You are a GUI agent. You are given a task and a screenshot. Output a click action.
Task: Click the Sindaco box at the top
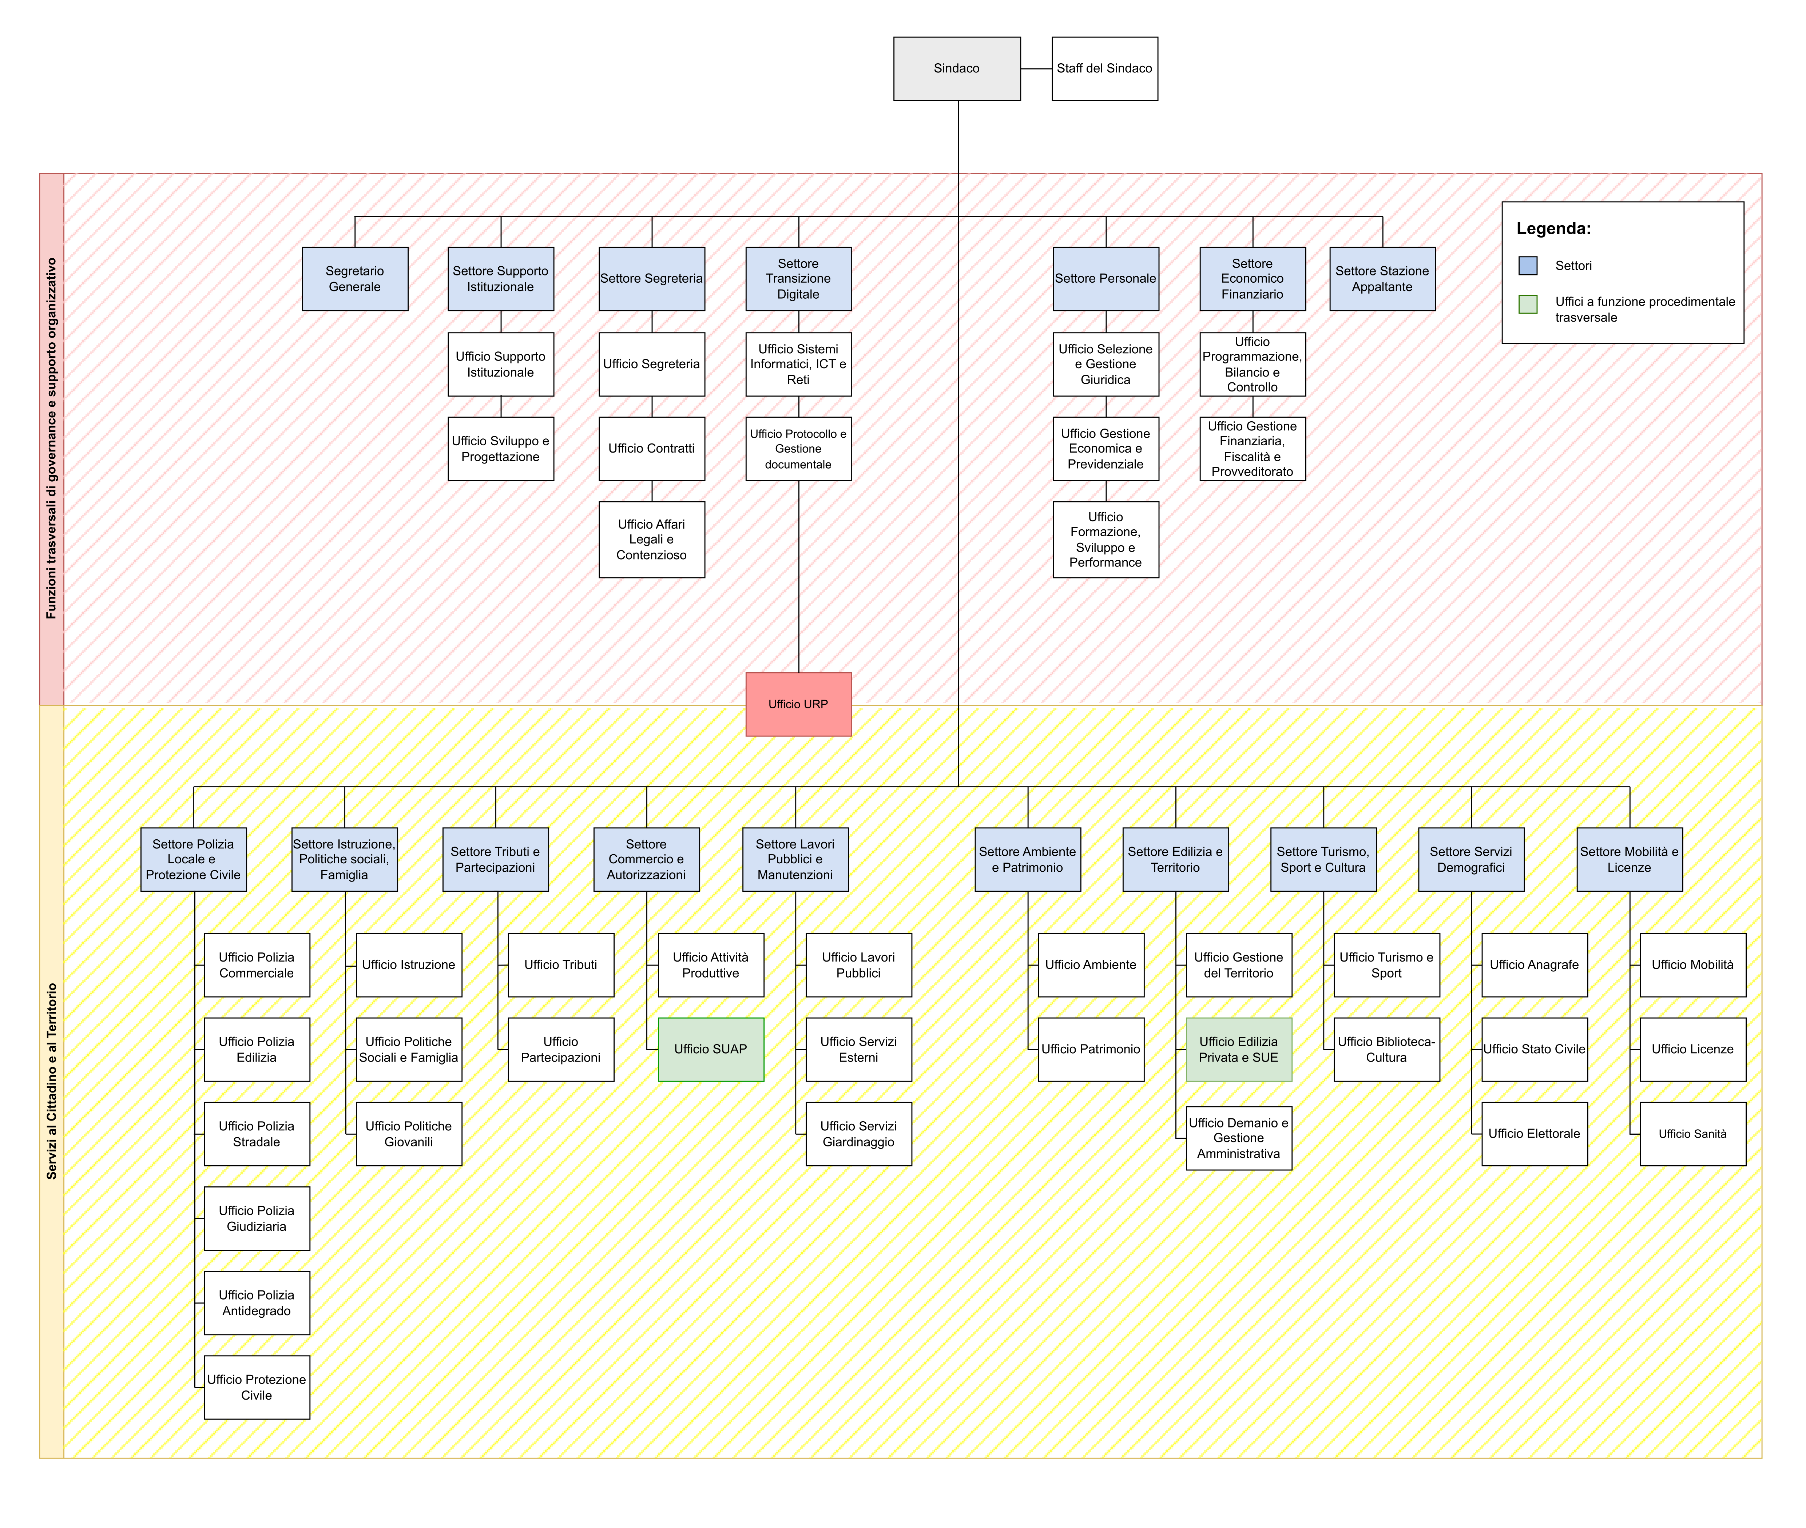click(x=957, y=68)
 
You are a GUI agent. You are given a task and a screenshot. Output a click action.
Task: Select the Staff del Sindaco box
click(x=1104, y=68)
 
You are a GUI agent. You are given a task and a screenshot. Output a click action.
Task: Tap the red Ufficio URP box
click(x=799, y=704)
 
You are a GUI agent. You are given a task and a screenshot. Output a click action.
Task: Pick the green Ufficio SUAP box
click(x=711, y=1049)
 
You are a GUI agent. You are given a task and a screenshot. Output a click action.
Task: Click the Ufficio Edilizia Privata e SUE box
click(x=1239, y=1049)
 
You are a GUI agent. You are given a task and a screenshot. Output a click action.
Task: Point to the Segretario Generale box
click(x=355, y=279)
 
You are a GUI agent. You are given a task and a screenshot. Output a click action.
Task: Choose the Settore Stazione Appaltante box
click(x=1382, y=279)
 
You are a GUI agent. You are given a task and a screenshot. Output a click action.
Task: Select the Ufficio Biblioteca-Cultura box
click(x=1387, y=1049)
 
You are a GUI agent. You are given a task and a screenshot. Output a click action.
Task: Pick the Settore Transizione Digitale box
click(x=799, y=279)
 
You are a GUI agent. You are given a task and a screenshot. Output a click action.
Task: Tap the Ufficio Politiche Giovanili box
click(x=409, y=1134)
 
